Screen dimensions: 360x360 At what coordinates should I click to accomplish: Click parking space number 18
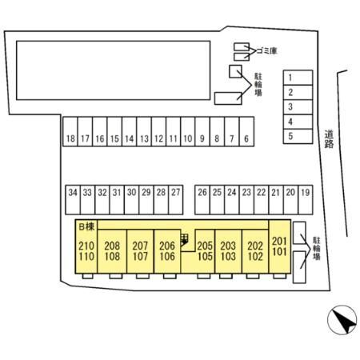(70, 131)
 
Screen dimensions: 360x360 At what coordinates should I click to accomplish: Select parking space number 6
(246, 131)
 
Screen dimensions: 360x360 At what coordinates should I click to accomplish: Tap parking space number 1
(298, 78)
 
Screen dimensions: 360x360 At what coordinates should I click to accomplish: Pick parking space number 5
(298, 136)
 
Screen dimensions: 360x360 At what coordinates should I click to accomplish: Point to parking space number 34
(73, 200)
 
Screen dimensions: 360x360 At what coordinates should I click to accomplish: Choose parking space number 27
(176, 200)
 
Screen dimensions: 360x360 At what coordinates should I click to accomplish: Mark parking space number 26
(202, 200)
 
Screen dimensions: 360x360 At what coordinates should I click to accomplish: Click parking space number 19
(306, 200)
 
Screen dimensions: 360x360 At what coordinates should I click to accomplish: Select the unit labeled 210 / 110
(86, 246)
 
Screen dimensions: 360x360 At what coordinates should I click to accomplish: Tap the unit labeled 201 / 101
(280, 246)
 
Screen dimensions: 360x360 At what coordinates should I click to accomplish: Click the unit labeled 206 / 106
(167, 251)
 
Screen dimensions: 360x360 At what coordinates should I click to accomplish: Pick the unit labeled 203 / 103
(228, 251)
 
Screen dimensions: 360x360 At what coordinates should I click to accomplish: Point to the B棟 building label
(86, 226)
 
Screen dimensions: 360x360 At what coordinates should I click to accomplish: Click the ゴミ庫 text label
(266, 50)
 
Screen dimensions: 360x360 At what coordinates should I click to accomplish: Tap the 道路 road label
(330, 138)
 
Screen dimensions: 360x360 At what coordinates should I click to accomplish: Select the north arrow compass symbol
(342, 320)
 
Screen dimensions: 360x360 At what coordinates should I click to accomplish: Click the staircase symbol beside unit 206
(185, 239)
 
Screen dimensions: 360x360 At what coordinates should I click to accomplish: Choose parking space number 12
(158, 131)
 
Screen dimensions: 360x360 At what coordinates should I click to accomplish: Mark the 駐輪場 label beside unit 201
(317, 249)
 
